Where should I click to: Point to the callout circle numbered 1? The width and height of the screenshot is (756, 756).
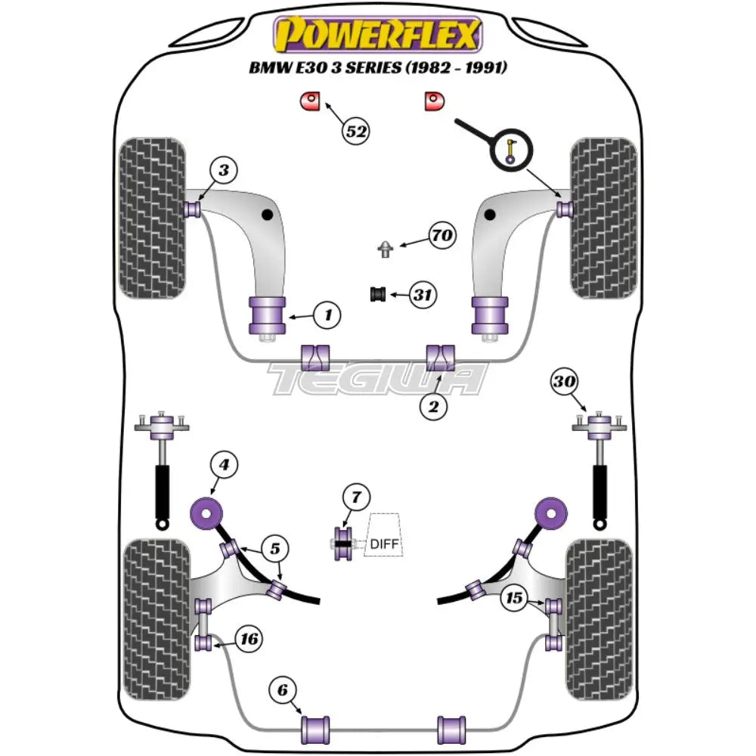327,314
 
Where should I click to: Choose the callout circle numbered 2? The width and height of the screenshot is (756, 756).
433,408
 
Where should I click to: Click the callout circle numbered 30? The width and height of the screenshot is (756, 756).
562,383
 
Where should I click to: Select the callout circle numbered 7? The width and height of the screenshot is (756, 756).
355,497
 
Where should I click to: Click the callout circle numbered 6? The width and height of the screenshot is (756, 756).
281,689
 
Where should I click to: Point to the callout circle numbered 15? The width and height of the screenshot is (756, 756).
515,598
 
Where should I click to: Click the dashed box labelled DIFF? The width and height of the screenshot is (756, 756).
383,535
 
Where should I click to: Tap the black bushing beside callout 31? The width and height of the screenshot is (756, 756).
377,294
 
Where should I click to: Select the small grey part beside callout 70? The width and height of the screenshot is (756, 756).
386,248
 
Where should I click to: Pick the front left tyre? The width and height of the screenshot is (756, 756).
153,218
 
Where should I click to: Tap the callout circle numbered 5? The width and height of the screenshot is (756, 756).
275,547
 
